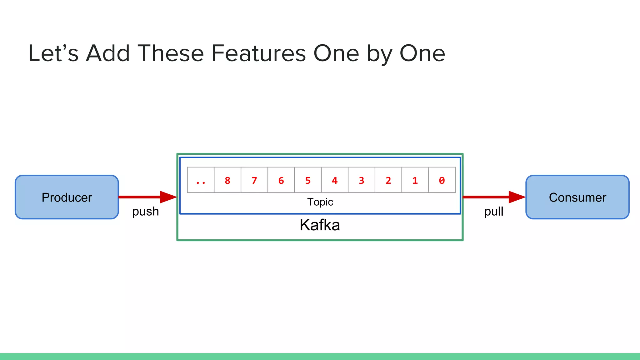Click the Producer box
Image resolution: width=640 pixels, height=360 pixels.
(x=67, y=197)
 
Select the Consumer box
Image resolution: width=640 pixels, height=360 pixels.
(x=577, y=197)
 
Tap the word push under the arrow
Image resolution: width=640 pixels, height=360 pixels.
(x=145, y=212)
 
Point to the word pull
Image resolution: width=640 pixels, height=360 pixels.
(x=493, y=212)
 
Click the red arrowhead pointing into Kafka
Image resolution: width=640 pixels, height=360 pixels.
(x=168, y=197)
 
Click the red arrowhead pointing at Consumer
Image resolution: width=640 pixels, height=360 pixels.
(x=517, y=197)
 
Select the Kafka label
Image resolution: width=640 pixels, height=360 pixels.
(x=320, y=225)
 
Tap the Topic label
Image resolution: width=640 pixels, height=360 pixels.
(x=320, y=202)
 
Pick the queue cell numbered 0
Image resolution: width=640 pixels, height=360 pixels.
(x=442, y=180)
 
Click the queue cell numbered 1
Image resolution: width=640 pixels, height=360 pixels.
(x=415, y=180)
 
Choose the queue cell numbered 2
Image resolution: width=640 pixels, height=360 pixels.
(x=388, y=180)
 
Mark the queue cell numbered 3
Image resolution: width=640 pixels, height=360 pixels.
(x=361, y=180)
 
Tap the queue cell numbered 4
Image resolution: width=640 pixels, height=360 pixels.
(x=334, y=180)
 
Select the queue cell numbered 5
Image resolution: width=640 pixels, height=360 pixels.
(x=308, y=180)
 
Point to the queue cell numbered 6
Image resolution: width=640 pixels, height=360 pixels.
(x=281, y=180)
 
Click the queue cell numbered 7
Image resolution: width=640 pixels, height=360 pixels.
(x=254, y=180)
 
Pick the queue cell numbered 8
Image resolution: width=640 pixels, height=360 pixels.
(x=227, y=180)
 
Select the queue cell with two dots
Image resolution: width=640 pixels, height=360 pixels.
(x=201, y=180)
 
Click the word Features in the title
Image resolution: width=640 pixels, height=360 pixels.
(x=259, y=53)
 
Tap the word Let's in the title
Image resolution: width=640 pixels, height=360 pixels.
(x=53, y=53)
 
